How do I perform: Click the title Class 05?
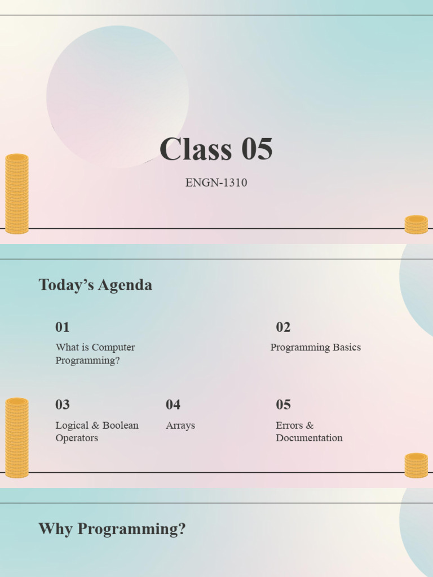[x=216, y=150]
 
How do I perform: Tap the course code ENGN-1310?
[x=216, y=183]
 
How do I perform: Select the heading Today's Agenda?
[x=95, y=285]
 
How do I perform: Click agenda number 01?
[x=63, y=327]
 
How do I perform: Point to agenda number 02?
[x=283, y=327]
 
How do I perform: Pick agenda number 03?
[x=63, y=404]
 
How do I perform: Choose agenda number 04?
[x=173, y=404]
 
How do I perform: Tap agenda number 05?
[x=283, y=404]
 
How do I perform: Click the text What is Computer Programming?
[x=95, y=354]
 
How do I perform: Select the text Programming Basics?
[x=315, y=347]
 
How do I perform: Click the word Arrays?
[x=180, y=425]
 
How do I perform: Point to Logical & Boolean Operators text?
[x=96, y=432]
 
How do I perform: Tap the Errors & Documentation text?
[x=308, y=432]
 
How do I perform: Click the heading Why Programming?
[x=112, y=529]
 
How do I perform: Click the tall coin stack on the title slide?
[x=17, y=193]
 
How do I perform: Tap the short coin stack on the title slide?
[x=416, y=224]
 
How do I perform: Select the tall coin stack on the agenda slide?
[x=17, y=438]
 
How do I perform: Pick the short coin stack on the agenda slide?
[x=416, y=465]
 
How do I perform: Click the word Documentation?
[x=309, y=438]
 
